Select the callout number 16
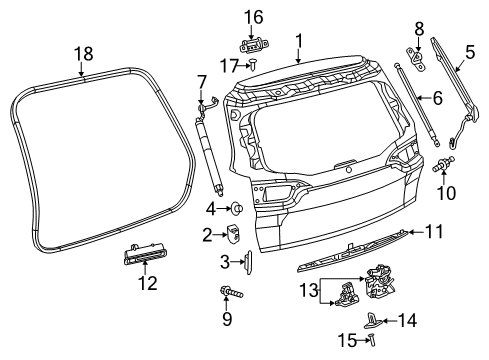pos(254,17)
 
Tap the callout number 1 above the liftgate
pos(297,40)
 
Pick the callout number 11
pos(437,98)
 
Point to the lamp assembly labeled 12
pos(145,258)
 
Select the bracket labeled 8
pos(413,56)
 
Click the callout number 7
pos(200,79)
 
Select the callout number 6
pos(437,98)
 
